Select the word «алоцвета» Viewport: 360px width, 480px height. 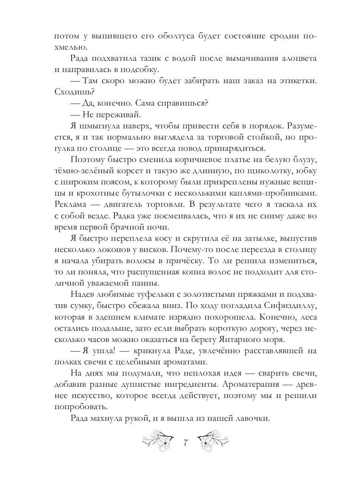pyautogui.click(x=295, y=59)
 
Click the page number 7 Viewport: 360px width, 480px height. pyautogui.click(x=185, y=443)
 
